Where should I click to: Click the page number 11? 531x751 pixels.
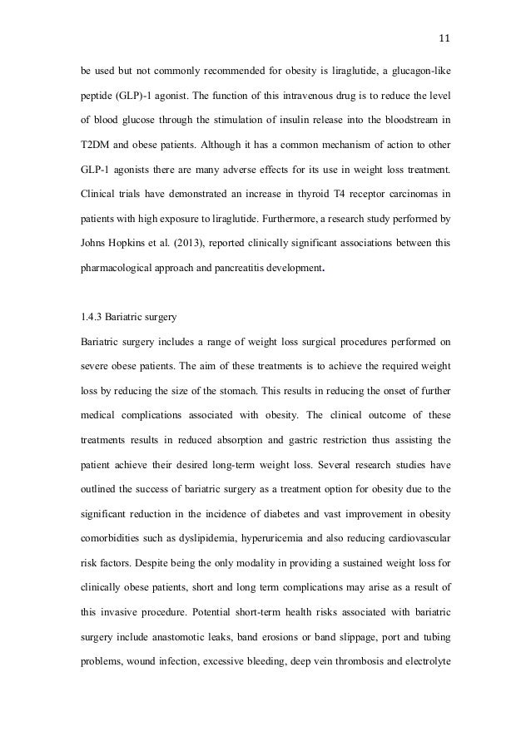(x=444, y=37)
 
